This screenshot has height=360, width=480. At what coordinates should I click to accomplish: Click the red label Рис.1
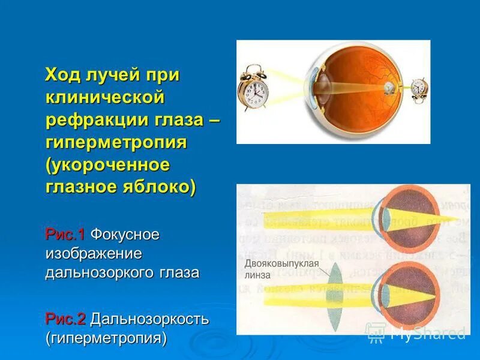tap(65, 234)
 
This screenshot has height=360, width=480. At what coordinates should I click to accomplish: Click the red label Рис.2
tap(65, 319)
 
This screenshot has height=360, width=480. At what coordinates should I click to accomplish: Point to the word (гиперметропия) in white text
tap(106, 338)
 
